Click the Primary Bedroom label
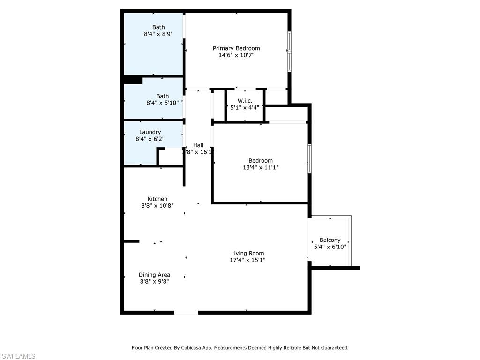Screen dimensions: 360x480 point(236,48)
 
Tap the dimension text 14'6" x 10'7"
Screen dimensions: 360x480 point(236,55)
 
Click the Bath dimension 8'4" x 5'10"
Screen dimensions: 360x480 point(162,103)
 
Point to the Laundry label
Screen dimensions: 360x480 point(150,132)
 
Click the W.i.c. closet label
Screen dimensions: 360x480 point(245,101)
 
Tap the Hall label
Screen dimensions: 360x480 point(198,145)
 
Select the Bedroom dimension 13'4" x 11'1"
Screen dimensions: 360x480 point(261,167)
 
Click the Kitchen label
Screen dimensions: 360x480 point(157,199)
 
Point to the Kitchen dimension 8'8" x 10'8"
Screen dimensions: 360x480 point(157,205)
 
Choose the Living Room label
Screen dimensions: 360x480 point(247,254)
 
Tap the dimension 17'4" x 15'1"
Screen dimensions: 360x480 point(247,260)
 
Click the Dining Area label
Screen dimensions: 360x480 point(154,275)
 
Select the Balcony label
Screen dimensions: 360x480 point(330,240)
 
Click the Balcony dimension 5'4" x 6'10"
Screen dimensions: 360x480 point(330,247)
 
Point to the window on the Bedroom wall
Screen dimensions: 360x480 point(309,159)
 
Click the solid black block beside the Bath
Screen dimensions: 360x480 point(133,80)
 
